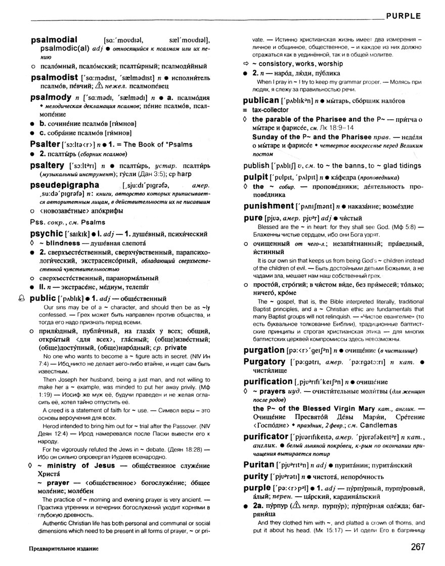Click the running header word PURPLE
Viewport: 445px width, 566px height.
pyautogui.click(x=403, y=16)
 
